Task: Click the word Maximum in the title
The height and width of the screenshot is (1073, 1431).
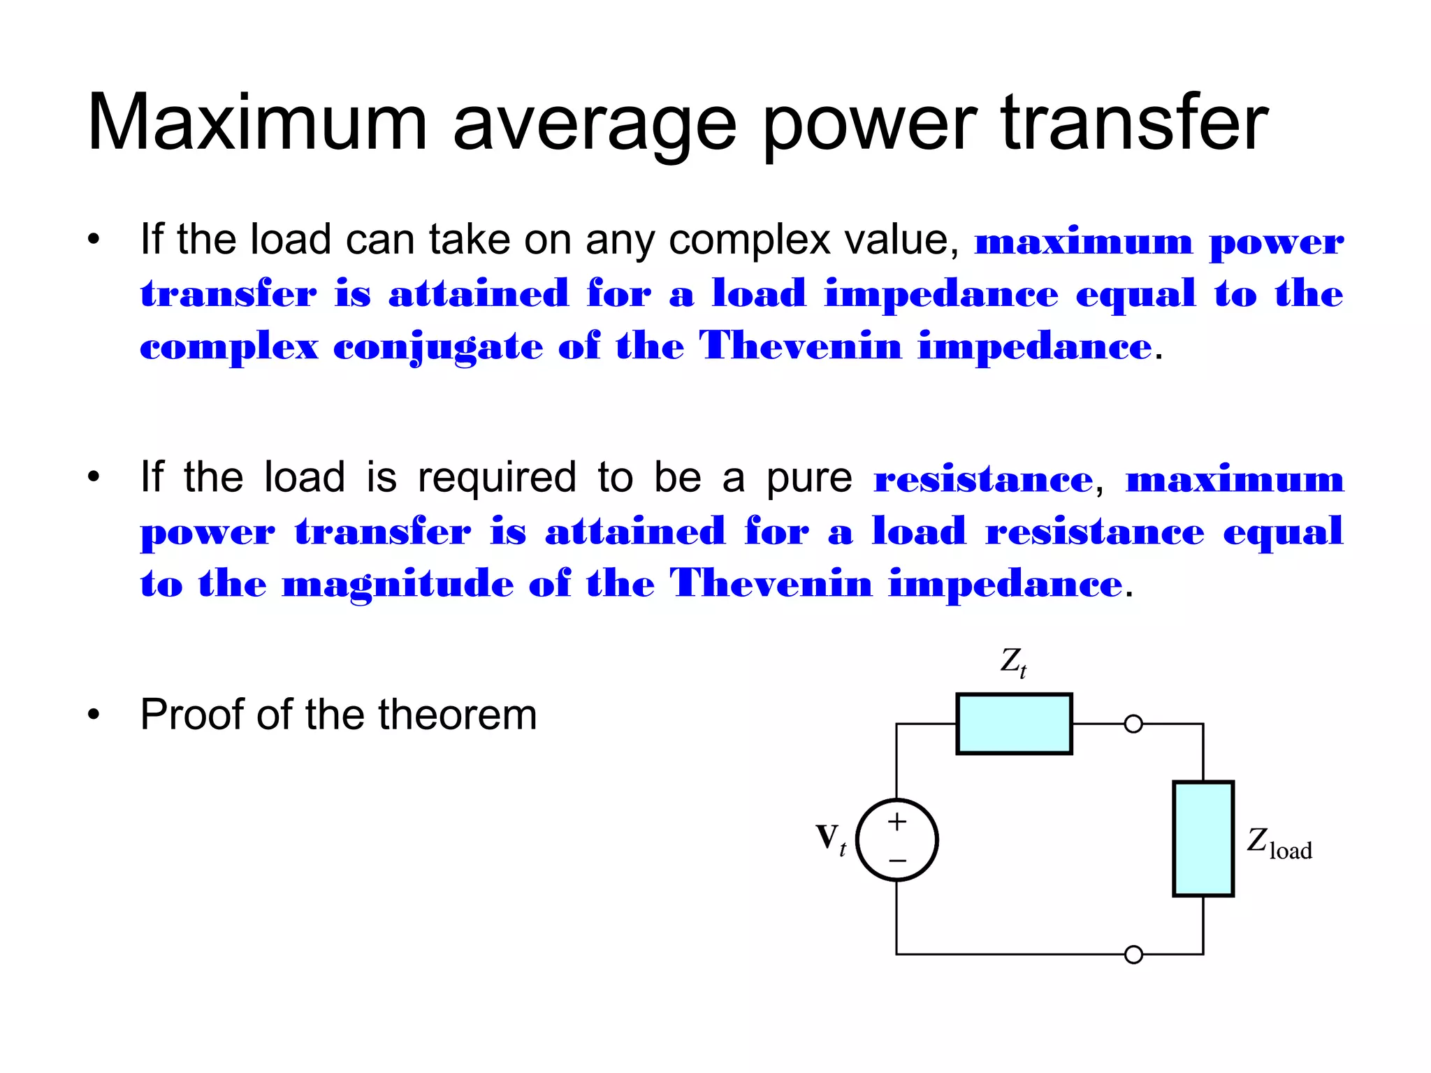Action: coord(256,124)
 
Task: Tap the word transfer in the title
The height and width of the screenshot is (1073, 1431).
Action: coord(1135,124)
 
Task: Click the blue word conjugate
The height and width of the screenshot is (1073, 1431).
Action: coord(437,347)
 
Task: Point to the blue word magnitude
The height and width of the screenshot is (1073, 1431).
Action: coord(398,585)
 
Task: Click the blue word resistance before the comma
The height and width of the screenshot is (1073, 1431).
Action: coord(983,480)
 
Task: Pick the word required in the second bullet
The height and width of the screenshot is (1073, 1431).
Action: coord(497,479)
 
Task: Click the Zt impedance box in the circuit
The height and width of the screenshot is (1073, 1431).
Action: coord(1014,724)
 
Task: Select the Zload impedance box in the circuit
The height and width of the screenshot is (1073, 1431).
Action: coord(1203,838)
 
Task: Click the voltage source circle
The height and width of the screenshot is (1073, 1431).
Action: coord(897,840)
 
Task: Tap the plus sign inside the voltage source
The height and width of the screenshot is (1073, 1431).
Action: coord(897,822)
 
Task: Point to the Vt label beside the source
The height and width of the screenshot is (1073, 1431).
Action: coord(831,838)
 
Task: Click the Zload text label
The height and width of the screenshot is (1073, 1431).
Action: coord(1279,843)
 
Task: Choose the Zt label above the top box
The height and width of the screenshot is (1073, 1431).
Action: coord(1013,662)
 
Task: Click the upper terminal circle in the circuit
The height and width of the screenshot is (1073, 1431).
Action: coord(1133,724)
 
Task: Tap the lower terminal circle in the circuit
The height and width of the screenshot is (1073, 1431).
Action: coord(1133,954)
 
